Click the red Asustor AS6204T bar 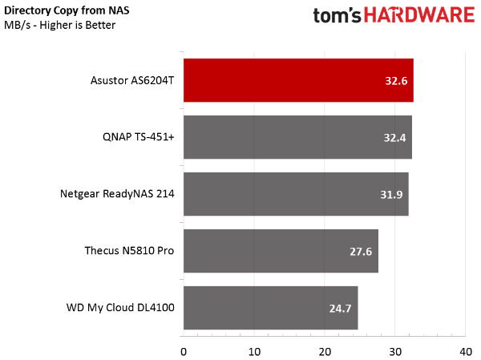point(298,80)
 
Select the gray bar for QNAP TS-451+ point(297,137)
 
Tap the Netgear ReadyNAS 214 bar point(296,194)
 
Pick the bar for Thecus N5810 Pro point(281,251)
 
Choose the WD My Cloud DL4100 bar point(271,308)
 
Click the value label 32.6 point(396,81)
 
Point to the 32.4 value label point(394,138)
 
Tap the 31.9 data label point(391,195)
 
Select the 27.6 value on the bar point(361,252)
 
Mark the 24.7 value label point(340,309)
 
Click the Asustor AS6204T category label point(132,80)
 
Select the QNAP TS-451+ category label point(139,137)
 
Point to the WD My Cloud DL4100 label point(120,308)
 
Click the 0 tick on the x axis point(184,352)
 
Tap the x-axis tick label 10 point(254,352)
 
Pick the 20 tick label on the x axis point(325,352)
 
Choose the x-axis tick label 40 point(466,352)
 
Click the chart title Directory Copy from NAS point(67,10)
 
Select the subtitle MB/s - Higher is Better point(60,25)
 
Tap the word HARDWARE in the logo point(419,15)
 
